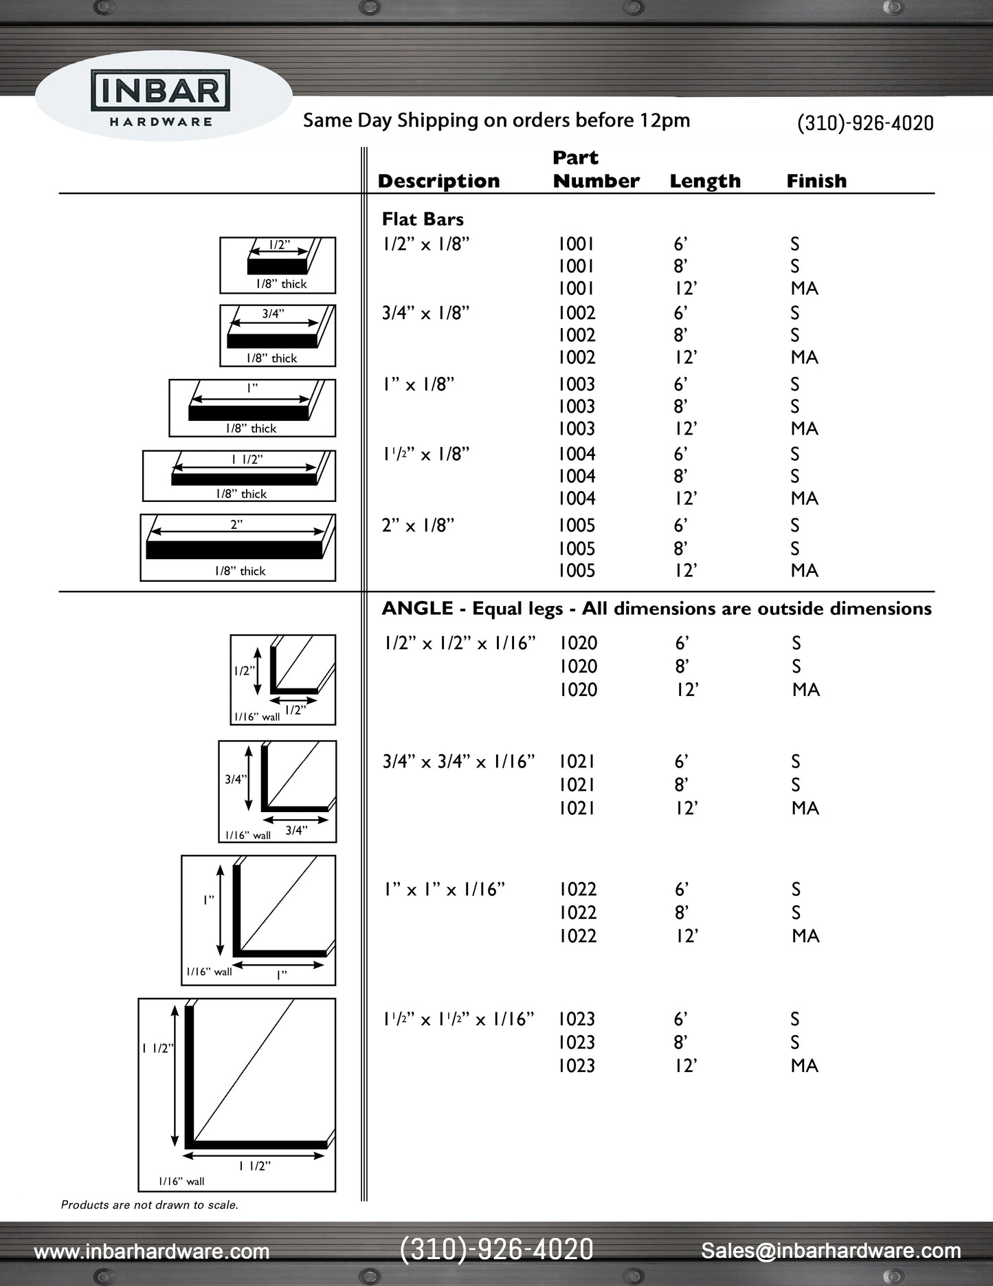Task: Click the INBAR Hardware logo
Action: click(161, 99)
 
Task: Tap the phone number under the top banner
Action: click(864, 123)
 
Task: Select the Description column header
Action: click(438, 181)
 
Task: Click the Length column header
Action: click(705, 181)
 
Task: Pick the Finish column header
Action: click(816, 181)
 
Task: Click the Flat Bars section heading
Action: click(423, 219)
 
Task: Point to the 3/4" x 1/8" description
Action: click(425, 313)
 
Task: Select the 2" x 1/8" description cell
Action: click(418, 525)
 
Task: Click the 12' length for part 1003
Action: click(685, 428)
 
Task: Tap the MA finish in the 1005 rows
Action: click(804, 570)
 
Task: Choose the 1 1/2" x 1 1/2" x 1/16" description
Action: click(458, 1018)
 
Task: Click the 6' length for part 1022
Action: click(681, 889)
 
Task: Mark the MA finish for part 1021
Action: click(805, 808)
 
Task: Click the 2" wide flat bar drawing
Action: click(238, 547)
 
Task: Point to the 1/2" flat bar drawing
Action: click(278, 265)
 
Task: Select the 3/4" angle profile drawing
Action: click(278, 791)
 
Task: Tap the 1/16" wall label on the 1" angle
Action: click(209, 972)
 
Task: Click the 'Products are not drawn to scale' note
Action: click(150, 1204)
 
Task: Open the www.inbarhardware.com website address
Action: click(152, 1251)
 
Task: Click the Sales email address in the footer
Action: click(830, 1250)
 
